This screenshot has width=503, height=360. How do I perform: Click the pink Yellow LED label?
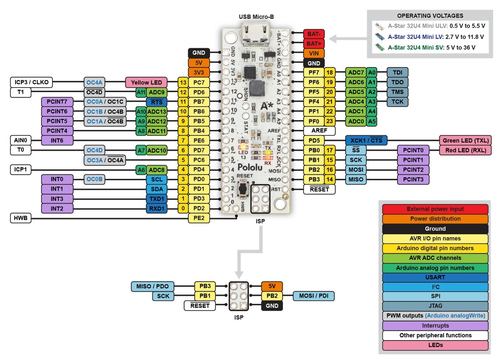pyautogui.click(x=146, y=82)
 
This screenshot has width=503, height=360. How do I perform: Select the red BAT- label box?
pyautogui.click(x=313, y=34)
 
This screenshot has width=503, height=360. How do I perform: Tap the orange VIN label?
pyautogui.click(x=313, y=53)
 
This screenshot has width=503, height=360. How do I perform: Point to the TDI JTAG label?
pyautogui.click(x=397, y=73)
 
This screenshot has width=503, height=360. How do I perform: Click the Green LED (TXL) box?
pyautogui.click(x=465, y=140)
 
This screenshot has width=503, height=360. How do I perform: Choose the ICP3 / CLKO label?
pyautogui.click(x=31, y=82)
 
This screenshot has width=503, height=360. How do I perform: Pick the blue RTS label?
pyautogui.click(x=157, y=102)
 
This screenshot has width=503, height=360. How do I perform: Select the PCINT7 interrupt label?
pyautogui.click(x=57, y=102)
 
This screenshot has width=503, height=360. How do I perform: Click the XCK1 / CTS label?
pyautogui.click(x=366, y=140)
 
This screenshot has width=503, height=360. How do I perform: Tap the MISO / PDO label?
pyautogui.click(x=152, y=287)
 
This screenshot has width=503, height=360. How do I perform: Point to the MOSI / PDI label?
pyautogui.click(x=314, y=296)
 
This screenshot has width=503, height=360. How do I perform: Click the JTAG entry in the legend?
pyautogui.click(x=435, y=306)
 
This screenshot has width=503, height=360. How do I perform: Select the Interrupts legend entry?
pyautogui.click(x=435, y=326)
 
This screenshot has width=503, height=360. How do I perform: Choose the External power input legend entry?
pyautogui.click(x=435, y=209)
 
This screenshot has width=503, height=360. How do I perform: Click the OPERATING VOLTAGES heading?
pyautogui.click(x=430, y=16)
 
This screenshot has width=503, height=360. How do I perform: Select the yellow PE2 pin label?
pyautogui.click(x=199, y=218)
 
